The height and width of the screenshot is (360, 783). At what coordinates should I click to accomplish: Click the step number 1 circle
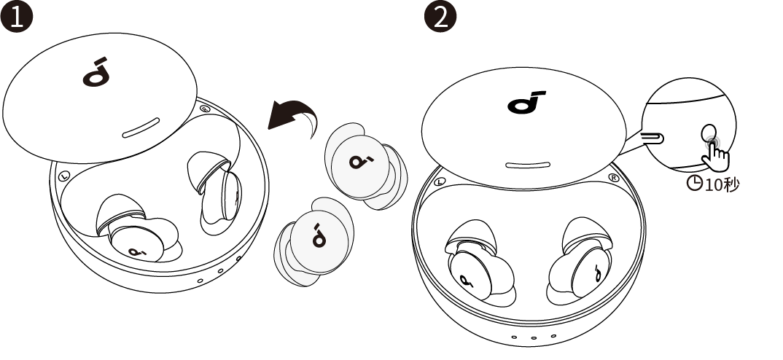[17, 17]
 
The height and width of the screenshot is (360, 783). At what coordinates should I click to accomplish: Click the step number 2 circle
[440, 17]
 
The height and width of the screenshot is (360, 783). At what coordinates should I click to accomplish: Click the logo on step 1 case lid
[96, 72]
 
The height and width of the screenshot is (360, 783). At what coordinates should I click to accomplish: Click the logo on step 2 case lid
[526, 102]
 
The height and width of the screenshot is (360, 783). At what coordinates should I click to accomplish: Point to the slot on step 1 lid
[141, 128]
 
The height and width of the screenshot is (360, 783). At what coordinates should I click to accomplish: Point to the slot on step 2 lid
[527, 165]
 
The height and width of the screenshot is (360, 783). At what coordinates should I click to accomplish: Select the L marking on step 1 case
[63, 176]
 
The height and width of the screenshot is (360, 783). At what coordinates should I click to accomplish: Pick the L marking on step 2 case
[440, 181]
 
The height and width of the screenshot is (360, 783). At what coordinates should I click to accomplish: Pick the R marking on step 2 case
[614, 178]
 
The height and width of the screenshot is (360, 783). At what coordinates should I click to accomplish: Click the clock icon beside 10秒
[694, 183]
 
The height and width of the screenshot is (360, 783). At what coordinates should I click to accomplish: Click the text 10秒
[722, 184]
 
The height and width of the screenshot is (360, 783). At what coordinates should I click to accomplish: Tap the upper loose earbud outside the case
[365, 165]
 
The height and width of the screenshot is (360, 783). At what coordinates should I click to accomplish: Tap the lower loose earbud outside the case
[313, 242]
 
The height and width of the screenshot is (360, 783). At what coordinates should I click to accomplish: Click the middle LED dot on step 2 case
[534, 338]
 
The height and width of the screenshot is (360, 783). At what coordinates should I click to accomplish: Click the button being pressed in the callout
[709, 133]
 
